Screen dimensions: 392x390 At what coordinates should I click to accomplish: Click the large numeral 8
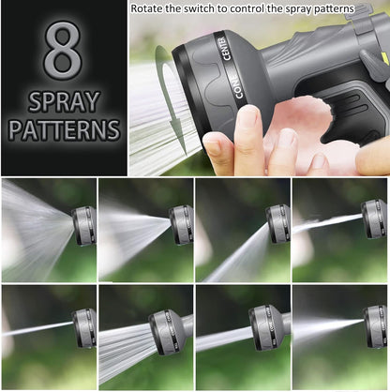pyautogui.click(x=63, y=53)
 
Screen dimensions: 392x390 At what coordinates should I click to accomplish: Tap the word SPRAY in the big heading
pyautogui.click(x=63, y=100)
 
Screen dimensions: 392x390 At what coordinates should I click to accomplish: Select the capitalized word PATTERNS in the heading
pyautogui.click(x=63, y=129)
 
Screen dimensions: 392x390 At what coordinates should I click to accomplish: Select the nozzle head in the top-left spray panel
pyautogui.click(x=83, y=226)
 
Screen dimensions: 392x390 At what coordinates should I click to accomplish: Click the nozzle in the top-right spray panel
pyautogui.click(x=374, y=219)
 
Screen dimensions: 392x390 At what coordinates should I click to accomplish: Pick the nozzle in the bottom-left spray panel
pyautogui.click(x=84, y=329)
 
